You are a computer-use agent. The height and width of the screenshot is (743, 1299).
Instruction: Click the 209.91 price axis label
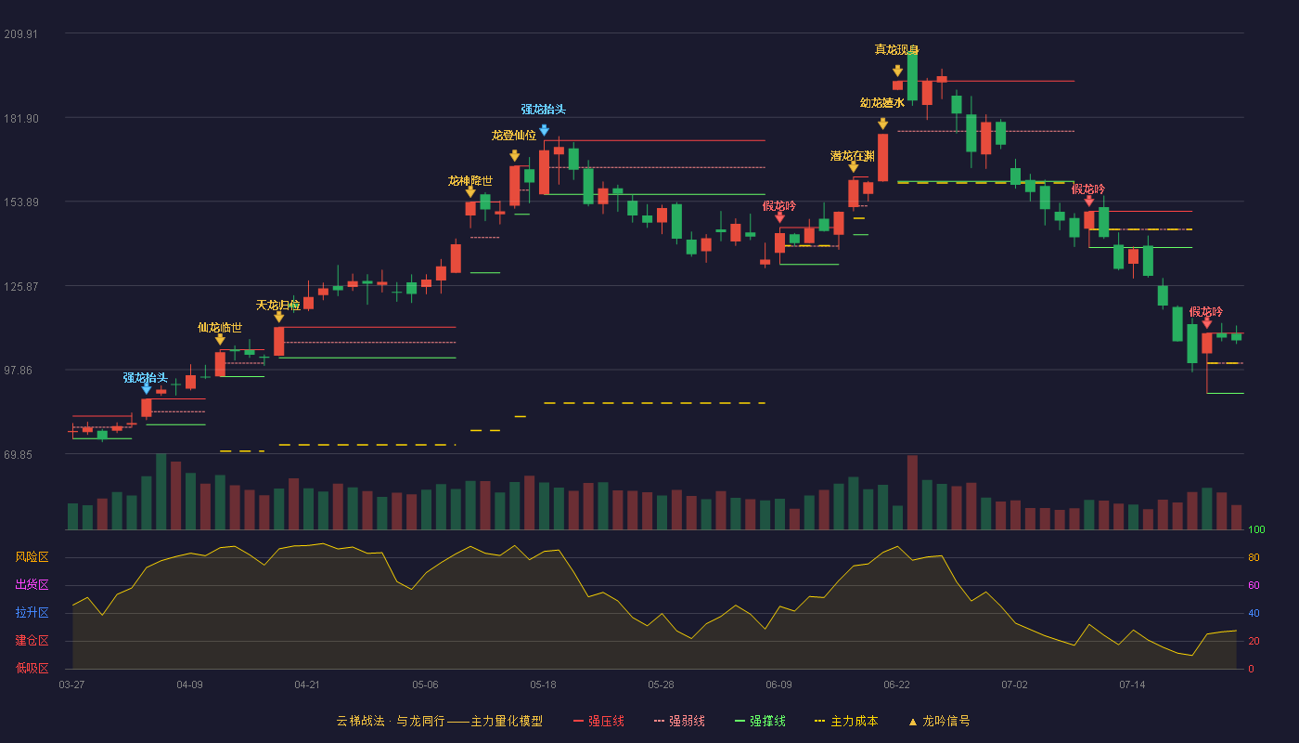click(20, 34)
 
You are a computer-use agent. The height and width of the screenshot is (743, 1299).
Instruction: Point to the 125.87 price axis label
click(20, 287)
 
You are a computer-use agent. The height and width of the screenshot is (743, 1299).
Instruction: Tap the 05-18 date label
click(543, 685)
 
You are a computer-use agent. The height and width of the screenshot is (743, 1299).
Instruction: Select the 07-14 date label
click(1132, 685)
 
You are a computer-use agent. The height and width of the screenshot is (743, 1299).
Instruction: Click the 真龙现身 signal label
click(897, 50)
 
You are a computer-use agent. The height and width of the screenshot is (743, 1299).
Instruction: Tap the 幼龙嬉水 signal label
click(882, 103)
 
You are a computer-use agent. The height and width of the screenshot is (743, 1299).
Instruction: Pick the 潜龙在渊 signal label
click(853, 156)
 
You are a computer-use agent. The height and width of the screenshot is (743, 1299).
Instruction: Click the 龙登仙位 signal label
click(514, 136)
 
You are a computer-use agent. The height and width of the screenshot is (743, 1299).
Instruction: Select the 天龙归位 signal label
click(278, 306)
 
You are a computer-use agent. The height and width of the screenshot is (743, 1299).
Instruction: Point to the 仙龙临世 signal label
click(220, 327)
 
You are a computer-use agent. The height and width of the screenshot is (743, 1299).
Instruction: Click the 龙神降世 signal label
click(470, 180)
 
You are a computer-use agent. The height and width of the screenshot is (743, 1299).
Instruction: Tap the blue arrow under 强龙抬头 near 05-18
click(544, 130)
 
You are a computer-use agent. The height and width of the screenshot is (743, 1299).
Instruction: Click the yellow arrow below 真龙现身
click(898, 71)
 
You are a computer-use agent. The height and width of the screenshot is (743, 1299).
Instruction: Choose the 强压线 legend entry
click(599, 721)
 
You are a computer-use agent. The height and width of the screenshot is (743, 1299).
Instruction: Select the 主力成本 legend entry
click(846, 721)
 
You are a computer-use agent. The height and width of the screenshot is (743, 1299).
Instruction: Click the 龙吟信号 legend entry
click(939, 721)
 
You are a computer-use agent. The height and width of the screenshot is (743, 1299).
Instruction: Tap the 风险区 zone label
click(32, 557)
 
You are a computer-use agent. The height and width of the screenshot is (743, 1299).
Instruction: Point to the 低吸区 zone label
click(32, 668)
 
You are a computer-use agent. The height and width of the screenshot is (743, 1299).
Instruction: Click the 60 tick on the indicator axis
click(1254, 585)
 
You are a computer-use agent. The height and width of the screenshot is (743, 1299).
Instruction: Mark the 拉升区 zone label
click(32, 612)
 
